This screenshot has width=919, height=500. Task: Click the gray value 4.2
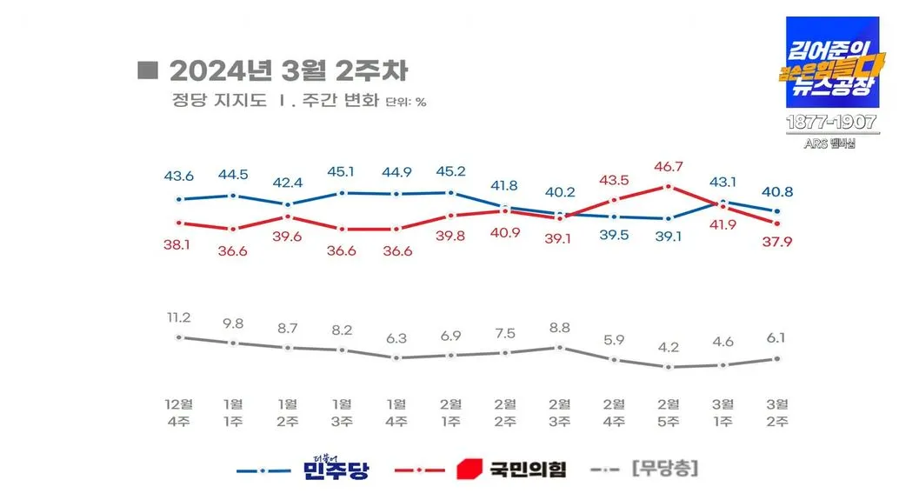point(668,347)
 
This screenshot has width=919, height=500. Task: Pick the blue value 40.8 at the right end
point(776,192)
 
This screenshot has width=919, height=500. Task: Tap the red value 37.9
point(776,242)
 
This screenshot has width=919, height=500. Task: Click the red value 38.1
point(179,244)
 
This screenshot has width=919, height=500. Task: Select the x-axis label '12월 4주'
point(179,413)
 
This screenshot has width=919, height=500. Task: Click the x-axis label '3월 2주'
point(776,413)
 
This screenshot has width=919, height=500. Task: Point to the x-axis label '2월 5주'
point(668,413)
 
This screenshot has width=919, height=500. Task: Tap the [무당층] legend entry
point(666,469)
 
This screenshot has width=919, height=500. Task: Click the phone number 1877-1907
point(832,123)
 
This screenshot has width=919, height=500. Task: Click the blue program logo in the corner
point(832,63)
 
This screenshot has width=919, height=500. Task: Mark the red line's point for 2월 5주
point(668,186)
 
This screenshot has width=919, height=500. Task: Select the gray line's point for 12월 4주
point(179,337)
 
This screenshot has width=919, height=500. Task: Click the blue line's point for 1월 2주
point(288,204)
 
